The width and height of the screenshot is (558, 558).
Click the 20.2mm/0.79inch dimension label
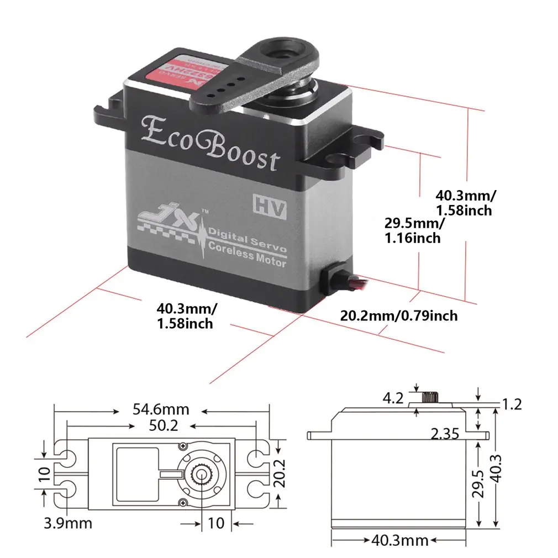click(x=398, y=315)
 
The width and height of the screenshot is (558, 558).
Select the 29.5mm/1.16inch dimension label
click(x=414, y=230)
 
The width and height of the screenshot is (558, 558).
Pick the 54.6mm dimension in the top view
click(x=161, y=409)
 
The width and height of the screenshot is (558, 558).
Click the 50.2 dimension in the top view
click(x=161, y=426)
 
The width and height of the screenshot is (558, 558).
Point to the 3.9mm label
click(x=69, y=523)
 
